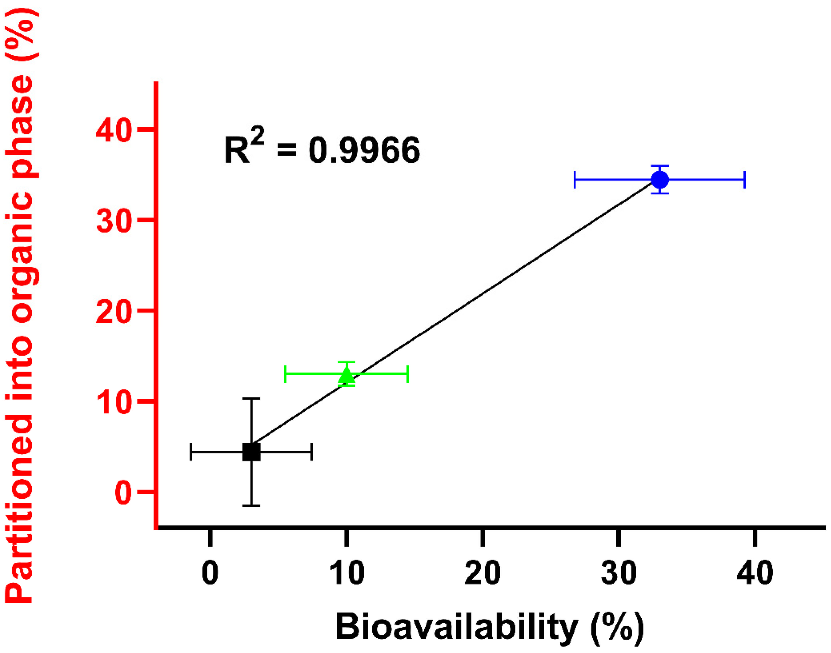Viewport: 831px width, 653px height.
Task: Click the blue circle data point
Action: [660, 179]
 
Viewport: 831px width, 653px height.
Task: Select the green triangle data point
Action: [347, 375]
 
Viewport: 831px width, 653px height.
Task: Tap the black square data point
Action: [251, 452]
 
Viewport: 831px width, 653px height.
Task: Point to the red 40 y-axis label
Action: [114, 130]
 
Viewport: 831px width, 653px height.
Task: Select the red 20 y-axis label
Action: [114, 312]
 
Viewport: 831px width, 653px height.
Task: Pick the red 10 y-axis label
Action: [114, 403]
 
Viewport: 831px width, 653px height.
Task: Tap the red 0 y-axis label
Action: [123, 493]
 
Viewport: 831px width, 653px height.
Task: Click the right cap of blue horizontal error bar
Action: [745, 180]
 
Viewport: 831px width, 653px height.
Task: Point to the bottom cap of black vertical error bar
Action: [251, 505]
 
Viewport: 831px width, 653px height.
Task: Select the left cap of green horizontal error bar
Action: [285, 374]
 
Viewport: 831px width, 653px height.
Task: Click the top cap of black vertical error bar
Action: [251, 399]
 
